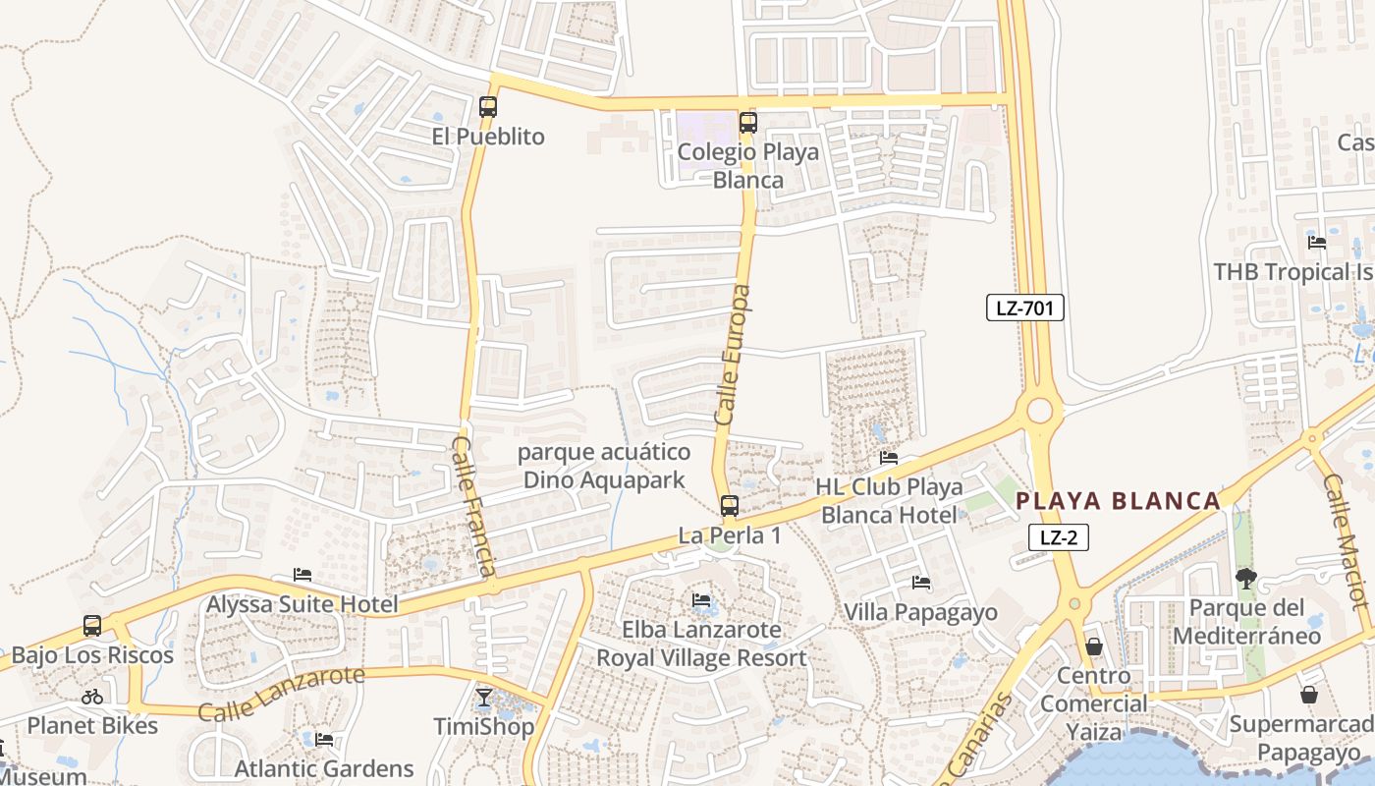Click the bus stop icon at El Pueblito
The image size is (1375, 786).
pos(488,107)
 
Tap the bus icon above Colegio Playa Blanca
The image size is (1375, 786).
pos(748,123)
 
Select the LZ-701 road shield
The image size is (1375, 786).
pos(1024,308)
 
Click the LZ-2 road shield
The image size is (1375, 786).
pos(1059,537)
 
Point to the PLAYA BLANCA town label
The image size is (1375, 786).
pos(1118,501)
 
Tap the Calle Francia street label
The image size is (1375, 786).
pos(473,507)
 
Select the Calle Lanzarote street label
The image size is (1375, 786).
pos(281,693)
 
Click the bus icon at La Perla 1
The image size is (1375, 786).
pos(729,506)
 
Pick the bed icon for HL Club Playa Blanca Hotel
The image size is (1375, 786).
pos(889,458)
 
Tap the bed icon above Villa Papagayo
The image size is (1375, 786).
pos(921,583)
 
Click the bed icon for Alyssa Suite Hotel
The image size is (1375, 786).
pos(302,575)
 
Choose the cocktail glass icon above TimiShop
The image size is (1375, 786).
pos(484,698)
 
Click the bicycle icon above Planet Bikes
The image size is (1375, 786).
pos(92,697)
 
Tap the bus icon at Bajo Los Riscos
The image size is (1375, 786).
pos(92,626)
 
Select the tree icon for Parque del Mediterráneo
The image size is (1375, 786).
pos(1246,578)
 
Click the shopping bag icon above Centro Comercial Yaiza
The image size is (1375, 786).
pos(1094,646)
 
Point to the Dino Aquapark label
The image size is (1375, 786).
pos(604,467)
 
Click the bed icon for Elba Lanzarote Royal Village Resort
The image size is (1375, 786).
pos(701,599)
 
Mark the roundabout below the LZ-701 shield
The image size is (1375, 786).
pos(1040,410)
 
